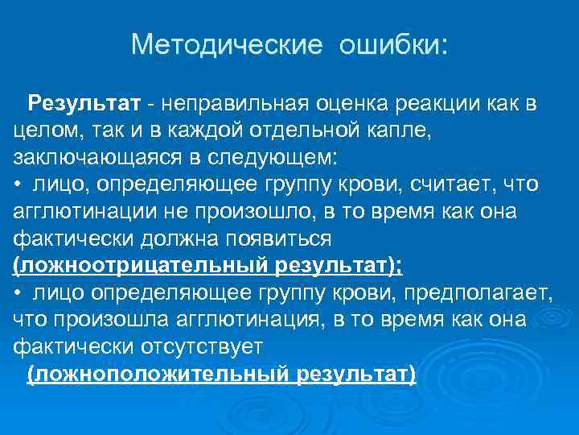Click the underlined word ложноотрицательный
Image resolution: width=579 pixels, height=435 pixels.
point(143,266)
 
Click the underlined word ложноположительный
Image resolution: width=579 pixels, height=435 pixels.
point(158,374)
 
